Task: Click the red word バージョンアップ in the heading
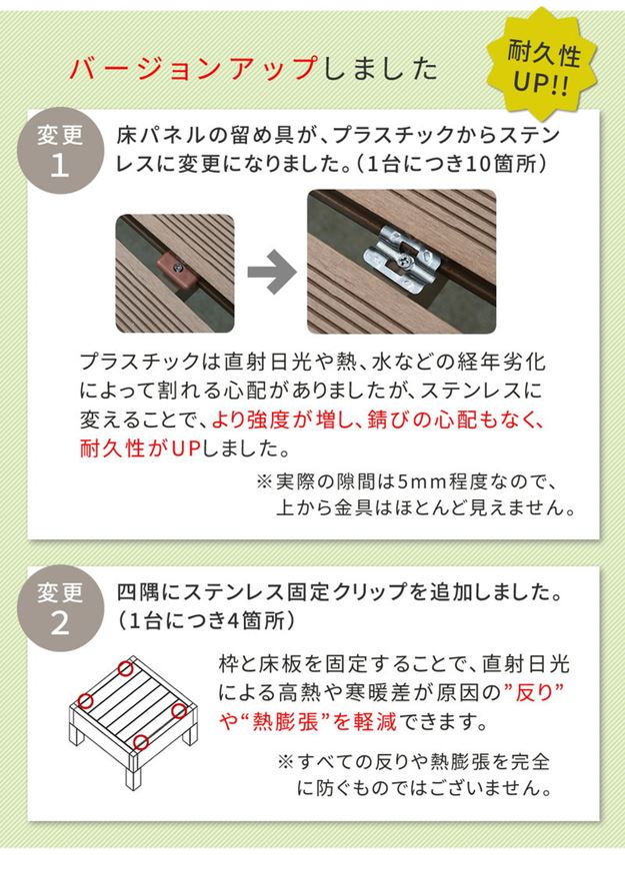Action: click(x=191, y=69)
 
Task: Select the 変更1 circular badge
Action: click(x=60, y=151)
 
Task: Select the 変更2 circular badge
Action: click(x=60, y=608)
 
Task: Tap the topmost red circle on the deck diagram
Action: click(x=126, y=668)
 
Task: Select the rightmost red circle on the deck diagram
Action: click(x=179, y=710)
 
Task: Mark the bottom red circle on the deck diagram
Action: click(x=141, y=742)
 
